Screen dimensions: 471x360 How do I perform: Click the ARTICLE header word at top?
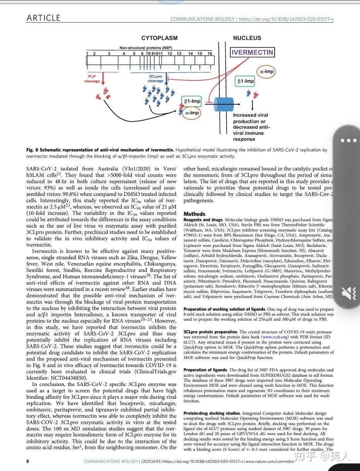43,18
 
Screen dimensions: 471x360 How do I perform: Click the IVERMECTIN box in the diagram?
252,53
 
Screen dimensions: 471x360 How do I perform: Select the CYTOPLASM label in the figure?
159,38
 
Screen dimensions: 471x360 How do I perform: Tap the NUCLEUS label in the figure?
247,38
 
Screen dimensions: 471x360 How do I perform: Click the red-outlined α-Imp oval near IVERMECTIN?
267,71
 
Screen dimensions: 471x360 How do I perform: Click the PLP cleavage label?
92,79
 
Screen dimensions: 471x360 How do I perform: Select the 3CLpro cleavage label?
155,79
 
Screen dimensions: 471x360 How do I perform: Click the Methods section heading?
194,214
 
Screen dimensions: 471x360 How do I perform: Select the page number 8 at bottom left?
27,461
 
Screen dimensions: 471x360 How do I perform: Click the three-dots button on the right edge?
348,140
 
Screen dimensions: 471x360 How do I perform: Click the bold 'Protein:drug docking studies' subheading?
211,413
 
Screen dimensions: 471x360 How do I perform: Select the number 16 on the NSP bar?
209,54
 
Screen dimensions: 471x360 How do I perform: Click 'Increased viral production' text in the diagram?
250,118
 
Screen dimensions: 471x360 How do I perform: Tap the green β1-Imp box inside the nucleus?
245,81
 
